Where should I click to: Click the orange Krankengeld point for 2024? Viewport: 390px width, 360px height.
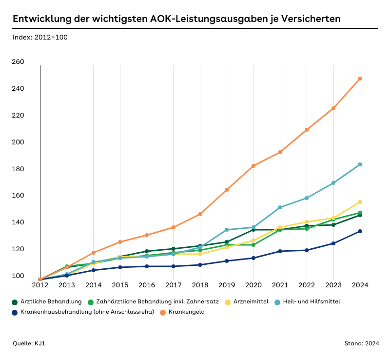coord(360,79)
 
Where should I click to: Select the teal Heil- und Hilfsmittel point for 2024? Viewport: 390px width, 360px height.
coord(360,164)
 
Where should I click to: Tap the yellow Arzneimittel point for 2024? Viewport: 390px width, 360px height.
coord(360,202)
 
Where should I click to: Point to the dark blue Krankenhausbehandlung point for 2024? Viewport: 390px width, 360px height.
coord(360,231)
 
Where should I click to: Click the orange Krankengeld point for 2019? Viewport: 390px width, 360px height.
coord(227,190)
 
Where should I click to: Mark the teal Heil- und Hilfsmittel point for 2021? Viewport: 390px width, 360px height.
coord(280,207)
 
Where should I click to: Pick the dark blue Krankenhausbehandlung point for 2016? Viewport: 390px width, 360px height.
coord(147,266)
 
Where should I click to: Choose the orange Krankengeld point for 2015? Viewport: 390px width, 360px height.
coord(120,242)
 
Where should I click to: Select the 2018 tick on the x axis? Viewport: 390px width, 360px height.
coord(200,284)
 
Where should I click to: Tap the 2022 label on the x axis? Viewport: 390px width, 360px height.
coord(307,284)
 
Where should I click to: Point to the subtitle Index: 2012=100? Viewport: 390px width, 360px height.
coord(40,38)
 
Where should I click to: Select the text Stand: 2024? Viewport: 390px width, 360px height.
coord(362,343)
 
